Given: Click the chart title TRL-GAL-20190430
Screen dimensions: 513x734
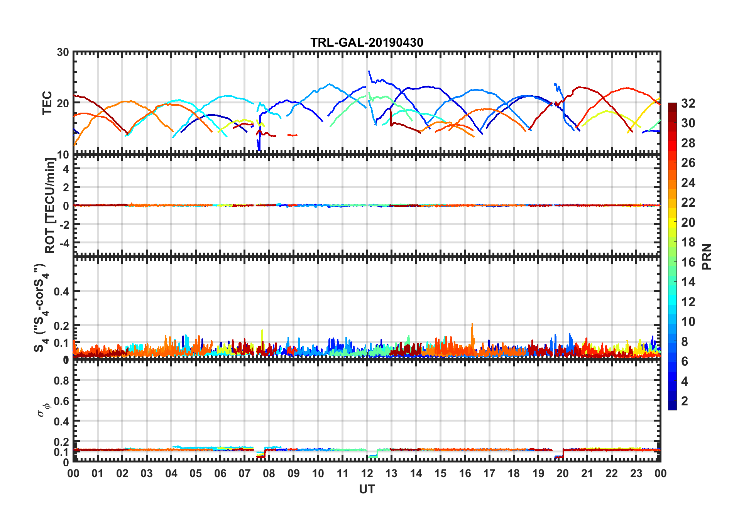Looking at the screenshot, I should point(367,42).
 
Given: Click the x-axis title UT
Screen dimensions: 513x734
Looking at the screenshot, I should point(367,489).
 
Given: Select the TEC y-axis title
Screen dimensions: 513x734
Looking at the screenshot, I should point(47,103).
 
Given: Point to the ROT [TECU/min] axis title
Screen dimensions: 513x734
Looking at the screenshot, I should point(50,205).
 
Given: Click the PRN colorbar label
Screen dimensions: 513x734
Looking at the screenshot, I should point(707,256).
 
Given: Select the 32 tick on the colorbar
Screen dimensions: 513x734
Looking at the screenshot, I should point(688,103).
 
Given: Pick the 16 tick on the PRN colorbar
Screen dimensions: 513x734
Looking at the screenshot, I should point(688,262).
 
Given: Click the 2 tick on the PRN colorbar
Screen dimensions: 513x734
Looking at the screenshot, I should point(685,401).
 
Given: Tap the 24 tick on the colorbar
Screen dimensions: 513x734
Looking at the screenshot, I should point(688,183).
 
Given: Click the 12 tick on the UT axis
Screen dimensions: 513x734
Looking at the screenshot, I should point(367,473).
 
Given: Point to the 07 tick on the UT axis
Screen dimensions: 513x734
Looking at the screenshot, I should point(245,473).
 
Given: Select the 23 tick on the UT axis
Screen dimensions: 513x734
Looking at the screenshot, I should point(636,473).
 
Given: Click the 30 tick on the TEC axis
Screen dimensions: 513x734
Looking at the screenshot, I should point(63,52).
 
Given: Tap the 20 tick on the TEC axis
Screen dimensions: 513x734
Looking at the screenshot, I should point(63,103).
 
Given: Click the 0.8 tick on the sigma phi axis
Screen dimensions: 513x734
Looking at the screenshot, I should point(62,380).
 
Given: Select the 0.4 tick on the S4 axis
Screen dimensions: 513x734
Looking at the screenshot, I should point(62,292).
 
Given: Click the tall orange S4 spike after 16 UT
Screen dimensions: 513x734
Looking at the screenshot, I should point(472,325).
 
